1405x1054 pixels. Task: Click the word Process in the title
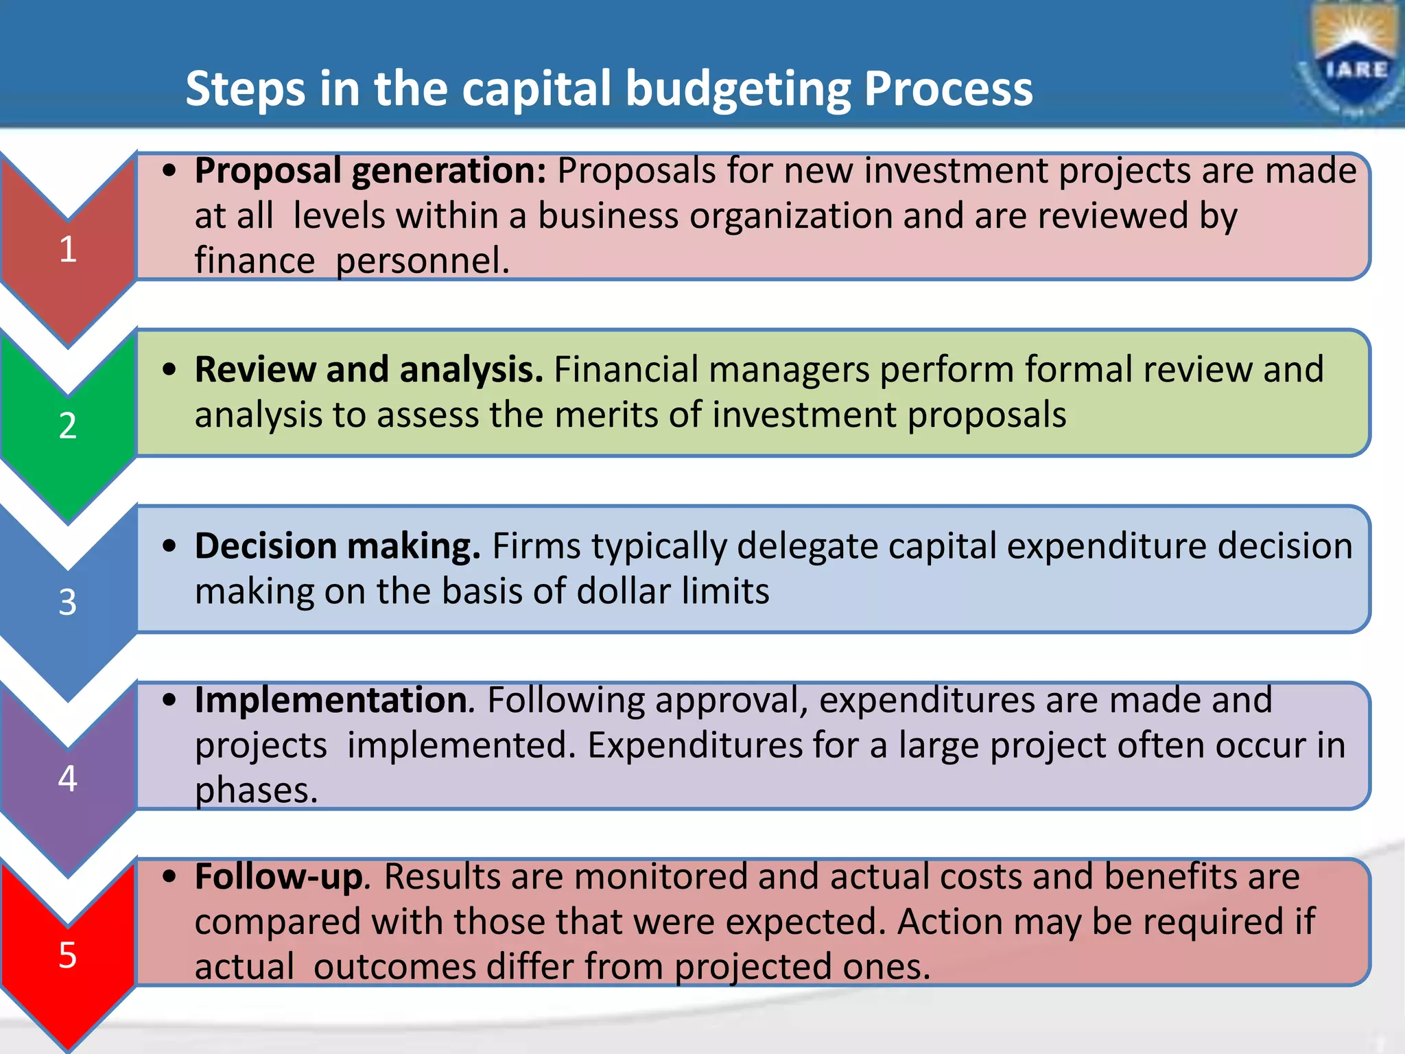948,89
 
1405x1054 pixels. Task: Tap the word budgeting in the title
738,89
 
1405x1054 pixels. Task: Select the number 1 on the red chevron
67,249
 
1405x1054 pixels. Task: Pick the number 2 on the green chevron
67,425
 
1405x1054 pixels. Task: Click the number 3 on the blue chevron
67,602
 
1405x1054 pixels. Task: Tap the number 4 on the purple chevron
67,779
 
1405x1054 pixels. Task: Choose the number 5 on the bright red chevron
67,955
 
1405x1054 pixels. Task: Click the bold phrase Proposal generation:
370,171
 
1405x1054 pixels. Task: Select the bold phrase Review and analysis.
368,370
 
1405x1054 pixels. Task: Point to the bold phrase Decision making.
338,546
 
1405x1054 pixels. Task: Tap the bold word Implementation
332,701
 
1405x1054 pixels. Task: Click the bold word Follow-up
279,877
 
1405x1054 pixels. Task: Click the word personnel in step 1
421,261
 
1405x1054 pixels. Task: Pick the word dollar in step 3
623,592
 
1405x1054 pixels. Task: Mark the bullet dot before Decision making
170,546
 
